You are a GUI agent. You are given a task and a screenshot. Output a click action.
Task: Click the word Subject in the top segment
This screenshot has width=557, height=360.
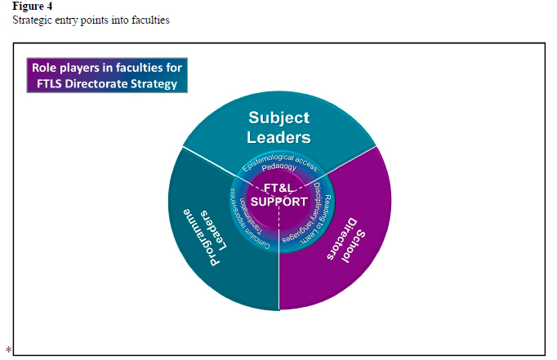click(279, 117)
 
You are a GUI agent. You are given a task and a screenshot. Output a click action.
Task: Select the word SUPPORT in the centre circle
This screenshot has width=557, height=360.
click(280, 201)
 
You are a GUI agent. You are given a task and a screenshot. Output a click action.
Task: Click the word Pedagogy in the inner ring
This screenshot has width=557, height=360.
click(280, 167)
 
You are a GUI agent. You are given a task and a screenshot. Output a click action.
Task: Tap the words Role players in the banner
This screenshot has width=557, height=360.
click(62, 66)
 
